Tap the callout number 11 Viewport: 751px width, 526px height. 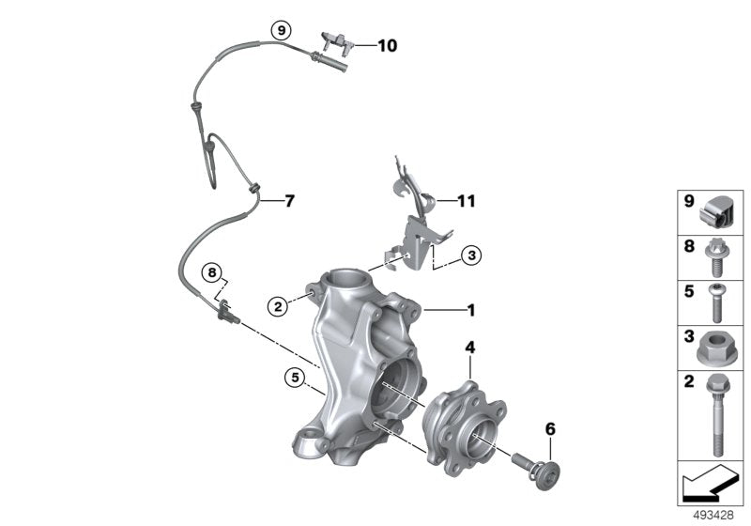pyautogui.click(x=467, y=200)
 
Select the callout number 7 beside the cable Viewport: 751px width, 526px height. pyautogui.click(x=289, y=200)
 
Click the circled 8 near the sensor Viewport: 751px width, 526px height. pyautogui.click(x=213, y=273)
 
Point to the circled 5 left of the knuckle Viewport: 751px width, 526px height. pyautogui.click(x=294, y=379)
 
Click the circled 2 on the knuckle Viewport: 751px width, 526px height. pyautogui.click(x=276, y=304)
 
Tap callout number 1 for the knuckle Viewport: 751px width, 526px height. pyautogui.click(x=471, y=309)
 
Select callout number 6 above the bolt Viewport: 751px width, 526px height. pyautogui.click(x=550, y=428)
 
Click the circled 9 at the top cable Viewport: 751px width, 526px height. pyautogui.click(x=278, y=30)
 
